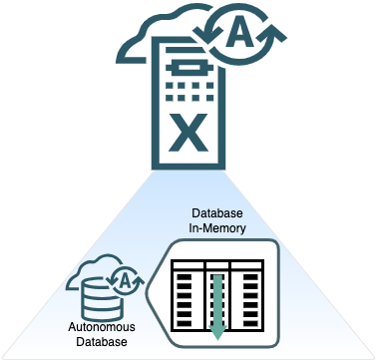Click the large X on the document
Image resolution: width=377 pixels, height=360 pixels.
[186, 129]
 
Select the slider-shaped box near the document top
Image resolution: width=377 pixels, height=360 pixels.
[186, 65]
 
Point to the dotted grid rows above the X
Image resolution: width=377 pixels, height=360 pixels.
[186, 93]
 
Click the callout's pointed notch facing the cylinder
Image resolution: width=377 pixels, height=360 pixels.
[149, 295]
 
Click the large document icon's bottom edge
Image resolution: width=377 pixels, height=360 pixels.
[186, 168]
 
